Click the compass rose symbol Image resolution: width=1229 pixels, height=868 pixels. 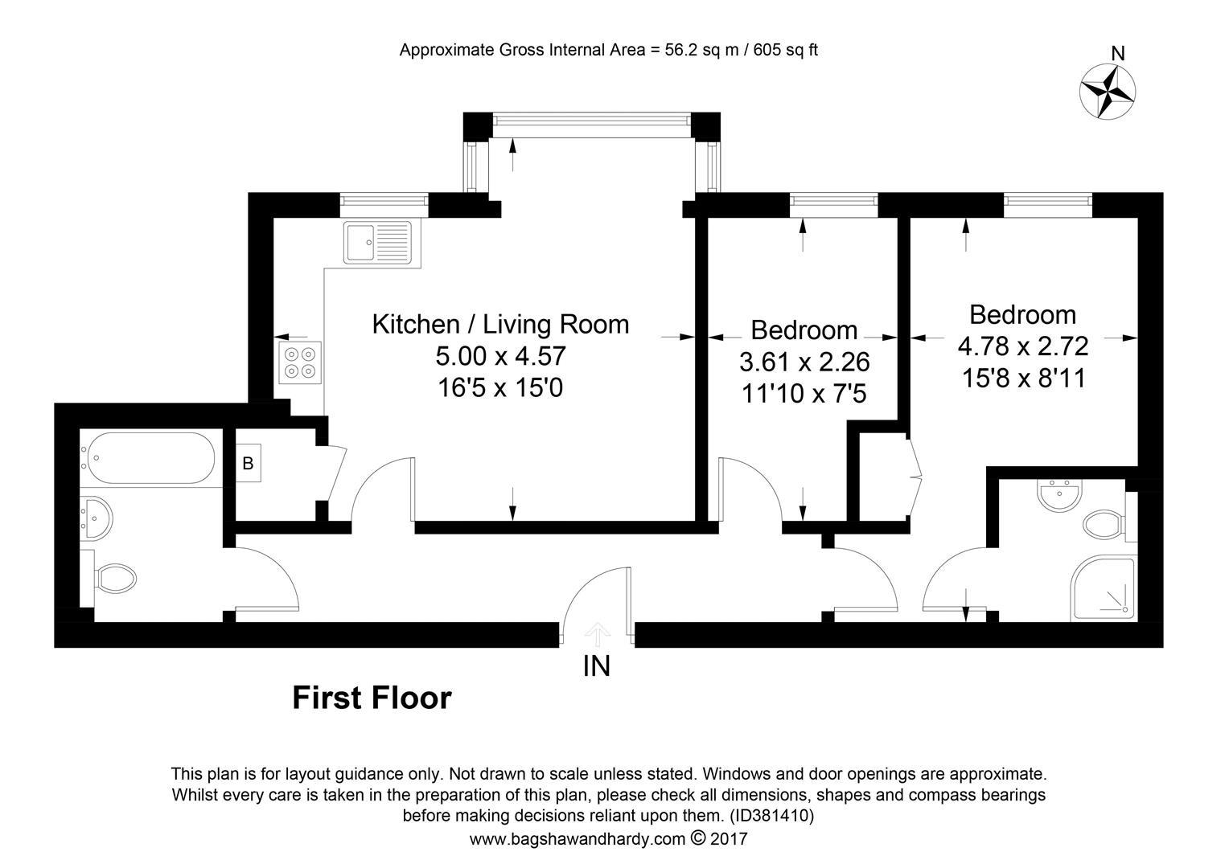(x=1108, y=92)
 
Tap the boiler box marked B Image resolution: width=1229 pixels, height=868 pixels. (x=248, y=464)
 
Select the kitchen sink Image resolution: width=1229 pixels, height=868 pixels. (x=377, y=242)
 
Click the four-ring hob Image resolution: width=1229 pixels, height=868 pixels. (x=299, y=362)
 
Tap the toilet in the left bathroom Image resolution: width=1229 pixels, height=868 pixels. (x=113, y=578)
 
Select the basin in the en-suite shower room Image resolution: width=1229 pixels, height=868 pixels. (x=1059, y=494)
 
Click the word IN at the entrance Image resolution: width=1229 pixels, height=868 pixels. (x=596, y=667)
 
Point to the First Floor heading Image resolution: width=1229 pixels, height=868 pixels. (x=372, y=698)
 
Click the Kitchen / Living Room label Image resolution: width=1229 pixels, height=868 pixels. (x=500, y=324)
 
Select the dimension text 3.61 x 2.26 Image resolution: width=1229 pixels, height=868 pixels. (x=804, y=362)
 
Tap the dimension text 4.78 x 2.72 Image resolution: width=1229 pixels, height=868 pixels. (x=1023, y=346)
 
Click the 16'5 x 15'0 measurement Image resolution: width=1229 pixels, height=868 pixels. (x=500, y=388)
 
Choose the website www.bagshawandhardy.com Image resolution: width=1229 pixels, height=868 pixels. (x=578, y=839)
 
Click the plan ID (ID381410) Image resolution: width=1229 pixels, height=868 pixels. (x=771, y=816)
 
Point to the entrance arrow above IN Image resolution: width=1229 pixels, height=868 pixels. (x=597, y=635)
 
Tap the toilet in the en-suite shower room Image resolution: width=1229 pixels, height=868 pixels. (x=1104, y=525)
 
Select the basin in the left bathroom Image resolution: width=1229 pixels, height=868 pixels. (x=97, y=518)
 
